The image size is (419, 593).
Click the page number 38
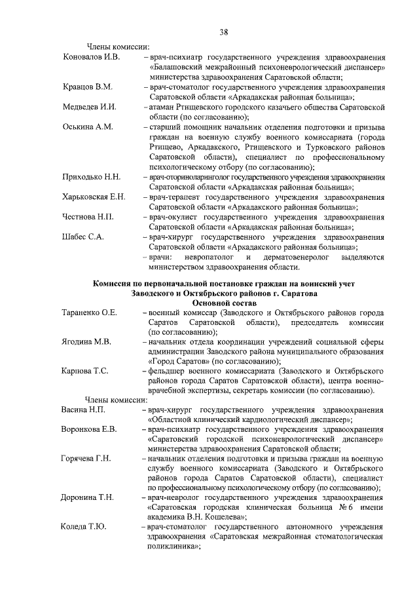tap(224, 31)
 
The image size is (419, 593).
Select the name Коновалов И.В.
tap(91, 57)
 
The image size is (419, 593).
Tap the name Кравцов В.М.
tap(88, 86)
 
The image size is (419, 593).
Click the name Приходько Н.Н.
tap(91, 177)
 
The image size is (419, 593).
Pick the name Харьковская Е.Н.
tap(94, 197)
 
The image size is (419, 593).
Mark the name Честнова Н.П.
tap(89, 217)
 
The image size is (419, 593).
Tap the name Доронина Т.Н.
tap(88, 497)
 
